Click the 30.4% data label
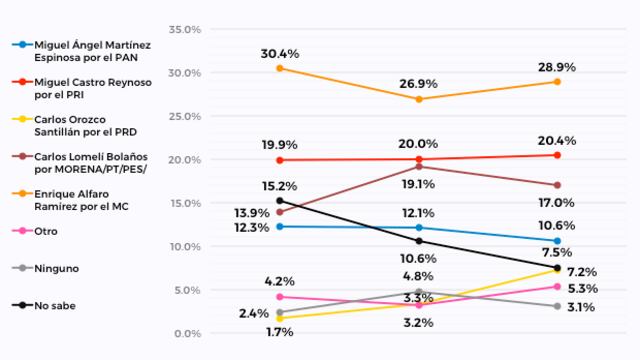279,53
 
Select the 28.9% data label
557,64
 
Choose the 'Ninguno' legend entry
55,268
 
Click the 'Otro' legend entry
46,231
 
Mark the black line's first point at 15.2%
279,201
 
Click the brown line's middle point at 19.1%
418,167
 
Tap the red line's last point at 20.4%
557,155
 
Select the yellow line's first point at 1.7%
279,318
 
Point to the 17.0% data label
557,203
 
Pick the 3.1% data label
579,307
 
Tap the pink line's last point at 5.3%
557,287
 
